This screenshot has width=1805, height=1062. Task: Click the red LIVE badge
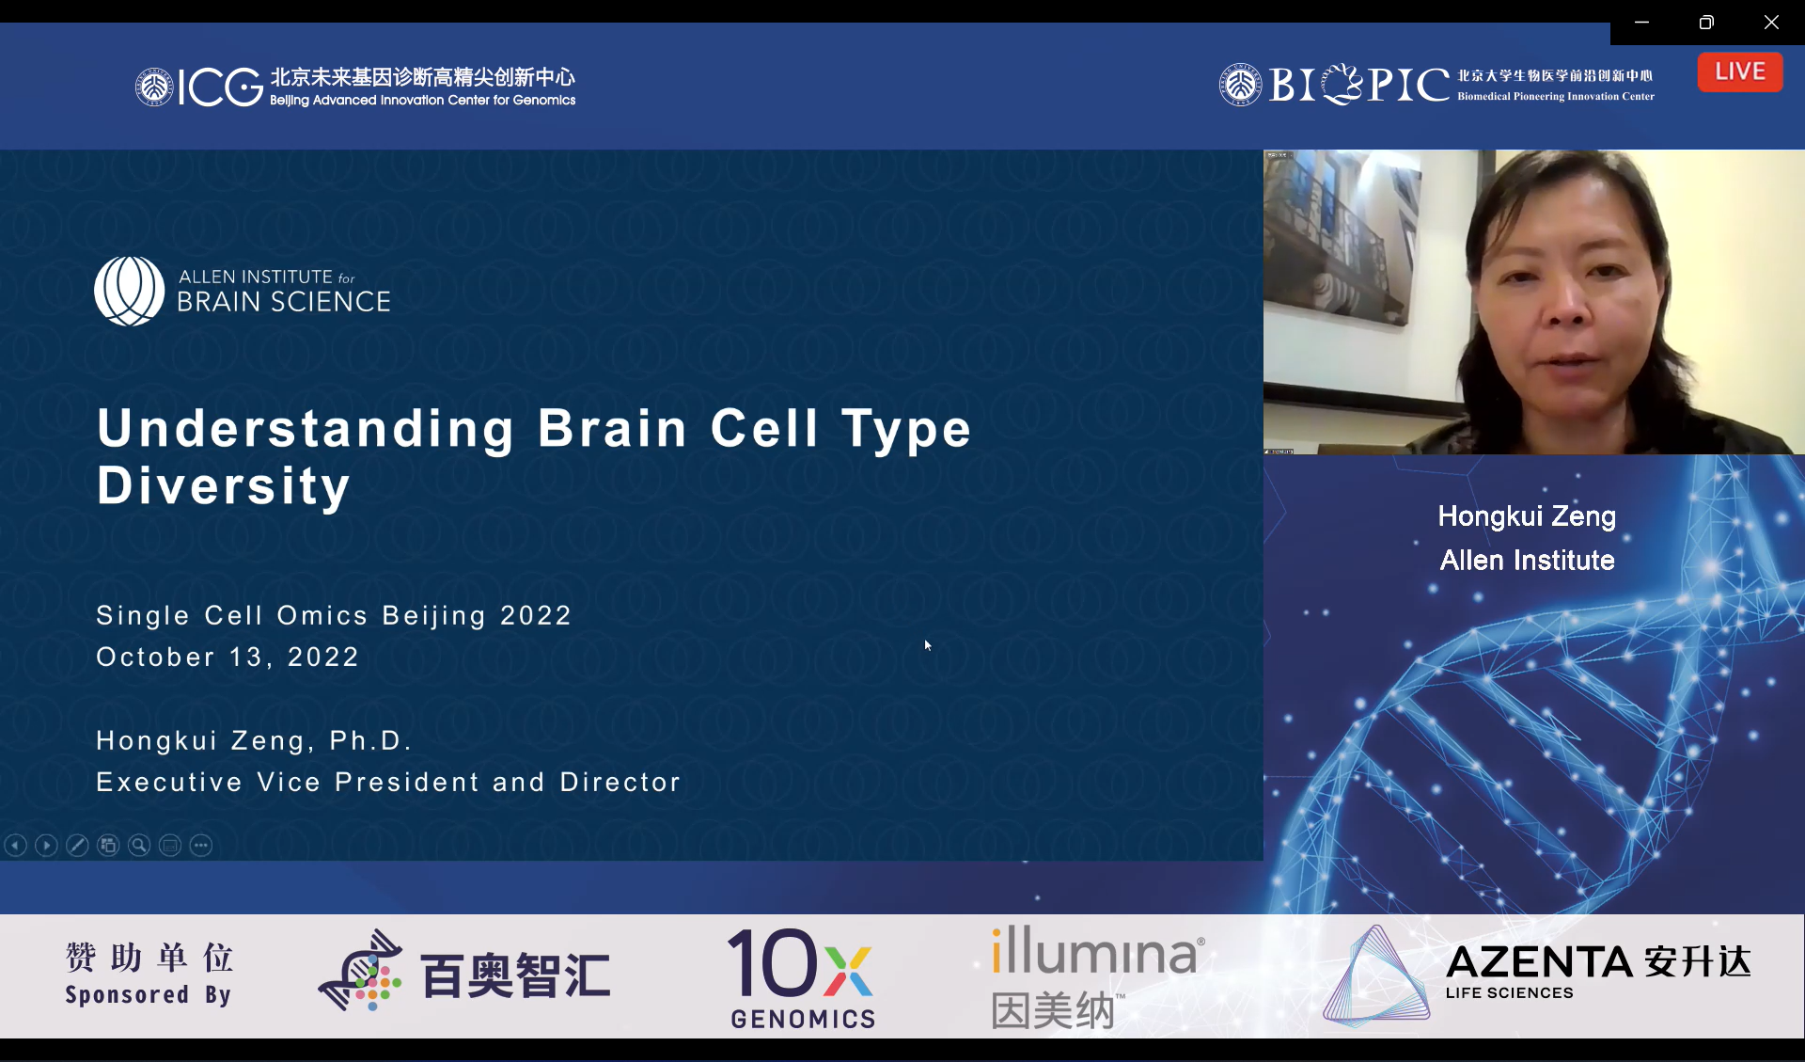[x=1740, y=71]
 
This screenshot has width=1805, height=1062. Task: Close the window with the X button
[x=1771, y=22]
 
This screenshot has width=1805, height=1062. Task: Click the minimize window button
[x=1642, y=22]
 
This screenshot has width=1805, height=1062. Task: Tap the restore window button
[x=1706, y=22]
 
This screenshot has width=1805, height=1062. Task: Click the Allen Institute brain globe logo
[x=130, y=292]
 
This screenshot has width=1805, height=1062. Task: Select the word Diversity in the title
[x=224, y=486]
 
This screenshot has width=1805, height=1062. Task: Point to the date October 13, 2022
[x=228, y=657]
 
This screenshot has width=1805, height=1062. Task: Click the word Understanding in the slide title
[x=306, y=429]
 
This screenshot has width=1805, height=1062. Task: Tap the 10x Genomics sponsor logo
[x=802, y=977]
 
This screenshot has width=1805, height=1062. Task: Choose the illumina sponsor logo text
[x=1095, y=951]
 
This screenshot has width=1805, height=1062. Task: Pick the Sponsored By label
[x=148, y=994]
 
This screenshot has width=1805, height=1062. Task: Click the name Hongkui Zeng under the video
[x=1527, y=516]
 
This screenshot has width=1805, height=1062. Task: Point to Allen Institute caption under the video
[x=1527, y=561]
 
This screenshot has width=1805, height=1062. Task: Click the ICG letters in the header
[x=220, y=87]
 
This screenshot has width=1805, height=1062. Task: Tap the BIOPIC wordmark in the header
[x=1359, y=85]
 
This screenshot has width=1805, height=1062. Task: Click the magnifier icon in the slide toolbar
[x=139, y=846]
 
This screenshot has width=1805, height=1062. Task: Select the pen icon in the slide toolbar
[x=77, y=846]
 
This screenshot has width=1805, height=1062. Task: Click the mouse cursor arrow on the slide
[x=928, y=645]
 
